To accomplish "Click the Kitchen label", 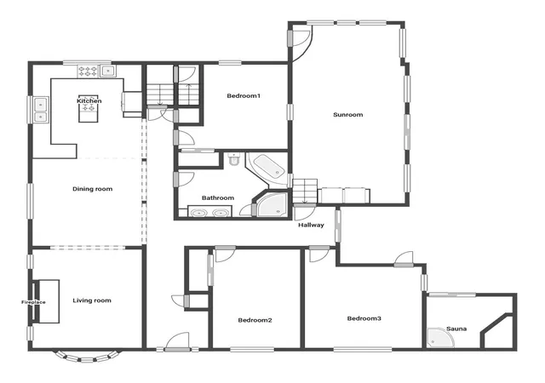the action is pos(89,101).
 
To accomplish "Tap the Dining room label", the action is pos(93,189).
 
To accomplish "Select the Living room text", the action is pos(92,300).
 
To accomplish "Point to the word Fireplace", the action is pos(33,302).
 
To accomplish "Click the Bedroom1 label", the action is pos(244,95).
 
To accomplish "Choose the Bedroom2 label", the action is pos(255,320).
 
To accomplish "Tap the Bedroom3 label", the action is pos(364,318).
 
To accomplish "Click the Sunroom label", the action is pos(348,114).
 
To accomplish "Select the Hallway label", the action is pos(311,226).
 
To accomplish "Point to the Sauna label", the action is pos(456,329).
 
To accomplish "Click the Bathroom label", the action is pos(218,197).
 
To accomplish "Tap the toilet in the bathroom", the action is pos(234,159).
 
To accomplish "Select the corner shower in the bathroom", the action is pos(272,204).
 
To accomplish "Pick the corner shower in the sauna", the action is pos(441,338).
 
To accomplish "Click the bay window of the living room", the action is pos(87,357).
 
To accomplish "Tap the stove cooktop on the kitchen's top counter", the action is pos(88,71).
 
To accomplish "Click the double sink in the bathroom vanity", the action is pos(209,212).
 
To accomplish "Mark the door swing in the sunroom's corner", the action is pos(302,43).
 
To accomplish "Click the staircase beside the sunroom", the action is pos(305,191).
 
